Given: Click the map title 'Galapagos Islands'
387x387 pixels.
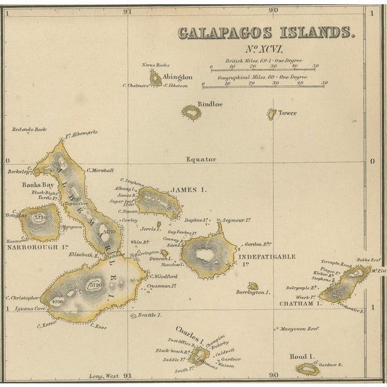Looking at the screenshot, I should click(x=266, y=33).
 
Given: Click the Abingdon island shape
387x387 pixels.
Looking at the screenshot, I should click(x=155, y=78).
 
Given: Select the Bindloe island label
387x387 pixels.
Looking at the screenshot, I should click(x=210, y=104).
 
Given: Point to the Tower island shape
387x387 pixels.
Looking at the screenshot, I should click(x=272, y=114).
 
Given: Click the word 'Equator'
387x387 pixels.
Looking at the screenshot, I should click(x=201, y=160).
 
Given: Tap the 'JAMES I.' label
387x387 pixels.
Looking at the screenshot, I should click(x=188, y=190).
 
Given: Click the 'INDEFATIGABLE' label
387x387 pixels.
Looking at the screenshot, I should click(x=270, y=256).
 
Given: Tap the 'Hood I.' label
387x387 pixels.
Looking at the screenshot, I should click(x=301, y=356).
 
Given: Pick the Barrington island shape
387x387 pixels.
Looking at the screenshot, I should click(x=253, y=286).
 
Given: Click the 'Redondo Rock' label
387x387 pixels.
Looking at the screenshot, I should click(x=29, y=129).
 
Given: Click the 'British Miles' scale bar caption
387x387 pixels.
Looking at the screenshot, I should click(x=262, y=61).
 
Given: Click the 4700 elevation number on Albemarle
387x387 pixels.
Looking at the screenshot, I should click(x=57, y=301).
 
